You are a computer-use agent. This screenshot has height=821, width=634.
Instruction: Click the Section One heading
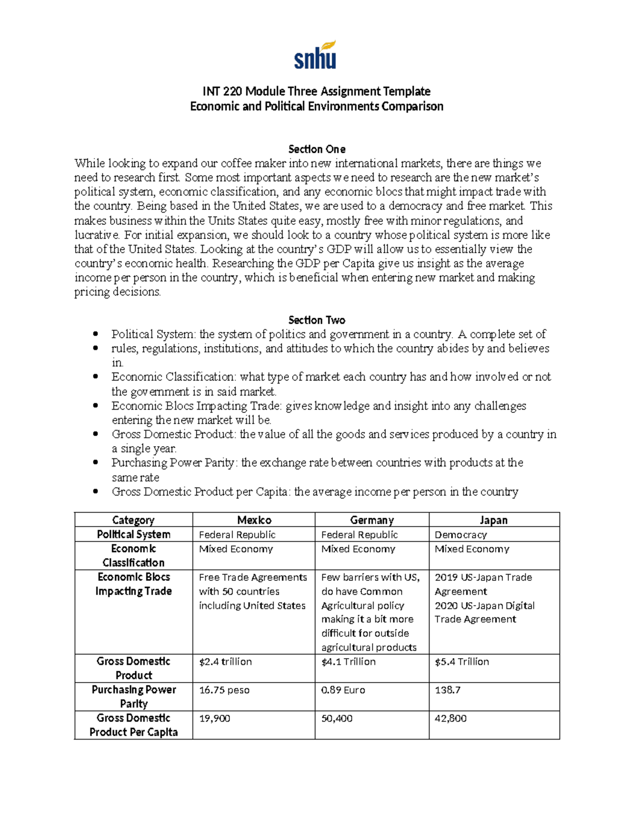(316, 149)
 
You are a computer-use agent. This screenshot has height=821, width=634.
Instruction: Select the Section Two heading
(316, 320)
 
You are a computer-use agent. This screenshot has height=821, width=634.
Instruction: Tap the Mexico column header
(254, 520)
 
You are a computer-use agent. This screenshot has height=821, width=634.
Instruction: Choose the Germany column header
(372, 520)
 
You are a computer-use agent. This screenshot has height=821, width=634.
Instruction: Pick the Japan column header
(493, 520)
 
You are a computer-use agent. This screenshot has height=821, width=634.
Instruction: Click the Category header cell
(133, 520)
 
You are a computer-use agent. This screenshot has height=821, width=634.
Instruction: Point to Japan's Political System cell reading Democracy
(461, 535)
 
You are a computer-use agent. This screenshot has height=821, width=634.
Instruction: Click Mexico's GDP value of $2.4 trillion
(225, 662)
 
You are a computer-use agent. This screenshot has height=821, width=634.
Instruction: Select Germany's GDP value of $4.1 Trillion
(348, 662)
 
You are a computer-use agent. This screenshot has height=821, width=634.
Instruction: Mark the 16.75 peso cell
(224, 690)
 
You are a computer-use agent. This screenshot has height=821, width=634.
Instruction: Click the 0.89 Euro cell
(343, 690)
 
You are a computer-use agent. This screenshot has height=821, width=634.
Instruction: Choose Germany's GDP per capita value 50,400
(337, 719)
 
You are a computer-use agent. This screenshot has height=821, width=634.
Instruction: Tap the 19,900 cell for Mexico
(215, 719)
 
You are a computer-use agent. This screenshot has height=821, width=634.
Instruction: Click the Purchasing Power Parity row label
(134, 697)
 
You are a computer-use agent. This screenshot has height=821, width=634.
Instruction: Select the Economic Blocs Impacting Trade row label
(134, 584)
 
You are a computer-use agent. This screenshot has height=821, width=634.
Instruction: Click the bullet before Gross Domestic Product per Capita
(96, 492)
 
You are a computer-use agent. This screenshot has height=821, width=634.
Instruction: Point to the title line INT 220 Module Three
(316, 91)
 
